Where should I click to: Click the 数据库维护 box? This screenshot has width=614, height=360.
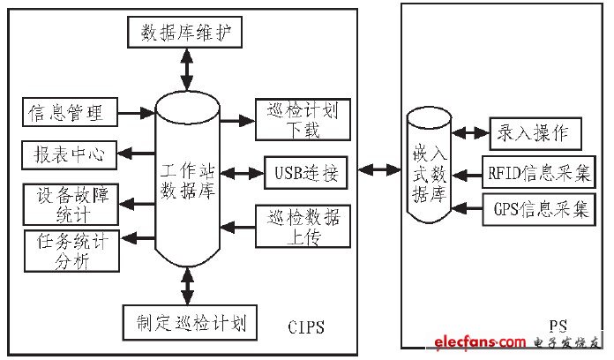click(x=185, y=34)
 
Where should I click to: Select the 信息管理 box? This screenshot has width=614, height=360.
click(x=67, y=113)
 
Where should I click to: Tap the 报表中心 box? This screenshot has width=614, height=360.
click(x=67, y=154)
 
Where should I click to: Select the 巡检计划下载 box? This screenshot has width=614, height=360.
click(x=301, y=120)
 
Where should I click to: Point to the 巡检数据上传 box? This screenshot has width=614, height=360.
click(x=301, y=224)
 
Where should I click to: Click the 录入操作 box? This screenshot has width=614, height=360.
click(x=534, y=134)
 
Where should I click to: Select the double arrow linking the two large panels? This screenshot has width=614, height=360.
click(x=379, y=169)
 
